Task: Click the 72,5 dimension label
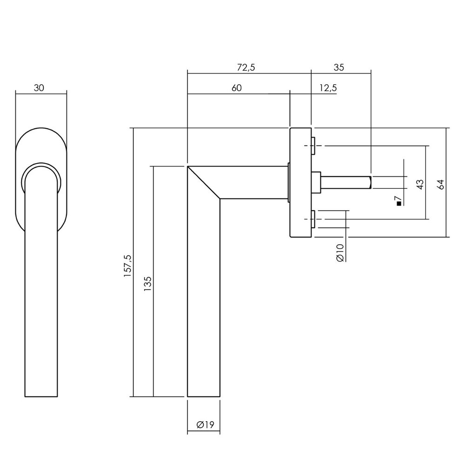click(x=246, y=67)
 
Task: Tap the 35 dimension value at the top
click(x=339, y=67)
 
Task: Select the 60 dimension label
click(x=236, y=88)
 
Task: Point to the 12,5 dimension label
click(x=328, y=88)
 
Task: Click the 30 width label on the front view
click(x=39, y=88)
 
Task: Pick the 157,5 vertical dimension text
click(x=128, y=266)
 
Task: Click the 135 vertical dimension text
click(x=147, y=284)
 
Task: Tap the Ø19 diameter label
click(x=205, y=425)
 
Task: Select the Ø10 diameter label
click(x=340, y=253)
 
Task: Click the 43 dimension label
click(x=420, y=185)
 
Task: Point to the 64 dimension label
click(x=440, y=185)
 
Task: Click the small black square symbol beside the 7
click(x=399, y=204)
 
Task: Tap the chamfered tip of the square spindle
click(x=370, y=182)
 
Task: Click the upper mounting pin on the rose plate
click(x=313, y=146)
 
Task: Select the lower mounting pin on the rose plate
click(x=313, y=219)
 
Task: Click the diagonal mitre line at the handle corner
click(x=204, y=182)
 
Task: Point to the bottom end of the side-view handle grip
click(x=204, y=396)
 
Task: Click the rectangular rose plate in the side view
click(x=300, y=182)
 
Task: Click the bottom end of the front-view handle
click(x=41, y=396)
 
